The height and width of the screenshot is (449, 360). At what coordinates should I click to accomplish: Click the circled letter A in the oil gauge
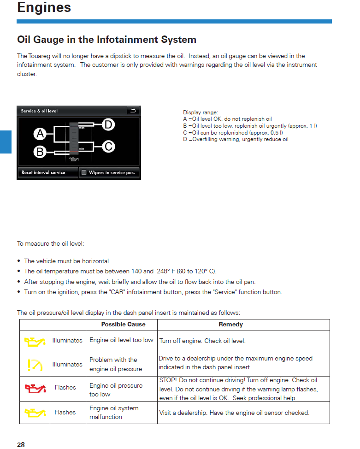pyautogui.click(x=40, y=134)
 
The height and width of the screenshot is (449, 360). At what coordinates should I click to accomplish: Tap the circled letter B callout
pyautogui.click(x=40, y=151)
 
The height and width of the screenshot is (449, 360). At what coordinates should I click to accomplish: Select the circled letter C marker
pyautogui.click(x=108, y=147)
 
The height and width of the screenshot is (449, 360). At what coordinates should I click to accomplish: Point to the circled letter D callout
pyautogui.click(x=108, y=124)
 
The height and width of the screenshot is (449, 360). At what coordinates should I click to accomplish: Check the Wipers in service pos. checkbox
pyautogui.click(x=84, y=173)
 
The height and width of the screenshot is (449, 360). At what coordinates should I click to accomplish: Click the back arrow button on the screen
pyautogui.click(x=133, y=111)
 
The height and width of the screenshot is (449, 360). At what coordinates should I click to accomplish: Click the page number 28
pyautogui.click(x=21, y=444)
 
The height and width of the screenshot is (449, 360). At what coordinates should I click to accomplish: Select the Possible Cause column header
pyautogui.click(x=123, y=325)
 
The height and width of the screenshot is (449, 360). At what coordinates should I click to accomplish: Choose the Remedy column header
pyautogui.click(x=230, y=325)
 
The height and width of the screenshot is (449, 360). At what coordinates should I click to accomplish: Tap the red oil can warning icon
pyautogui.click(x=35, y=388)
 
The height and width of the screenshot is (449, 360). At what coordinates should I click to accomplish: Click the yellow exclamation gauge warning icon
pyautogui.click(x=35, y=364)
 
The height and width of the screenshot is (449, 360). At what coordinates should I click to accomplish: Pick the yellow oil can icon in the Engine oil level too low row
pyautogui.click(x=35, y=341)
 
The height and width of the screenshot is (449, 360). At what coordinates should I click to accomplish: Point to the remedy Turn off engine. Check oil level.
pyautogui.click(x=202, y=341)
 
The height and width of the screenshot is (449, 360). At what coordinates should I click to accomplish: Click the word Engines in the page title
pyautogui.click(x=44, y=8)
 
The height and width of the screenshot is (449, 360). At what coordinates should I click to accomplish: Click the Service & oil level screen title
pyautogui.click(x=39, y=111)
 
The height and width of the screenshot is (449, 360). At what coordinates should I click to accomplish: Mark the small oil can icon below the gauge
pyautogui.click(x=74, y=160)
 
